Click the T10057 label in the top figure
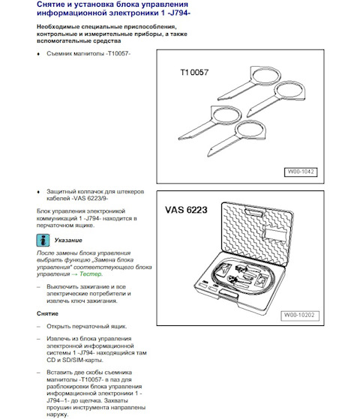tap(194, 73)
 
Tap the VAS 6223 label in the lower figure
tap(186, 210)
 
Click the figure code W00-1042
tap(301, 172)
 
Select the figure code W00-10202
tap(299, 316)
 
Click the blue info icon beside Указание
tap(43, 240)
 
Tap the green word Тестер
tap(91, 274)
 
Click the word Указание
tap(68, 240)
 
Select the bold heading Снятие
tap(47, 313)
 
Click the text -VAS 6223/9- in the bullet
tap(89, 199)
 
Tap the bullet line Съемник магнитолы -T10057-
tap(88, 53)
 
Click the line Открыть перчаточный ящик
tap(87, 327)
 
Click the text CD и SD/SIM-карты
tap(74, 360)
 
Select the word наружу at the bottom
tap(57, 415)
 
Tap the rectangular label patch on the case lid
tap(275, 234)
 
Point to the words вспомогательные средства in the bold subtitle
tap(79, 41)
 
